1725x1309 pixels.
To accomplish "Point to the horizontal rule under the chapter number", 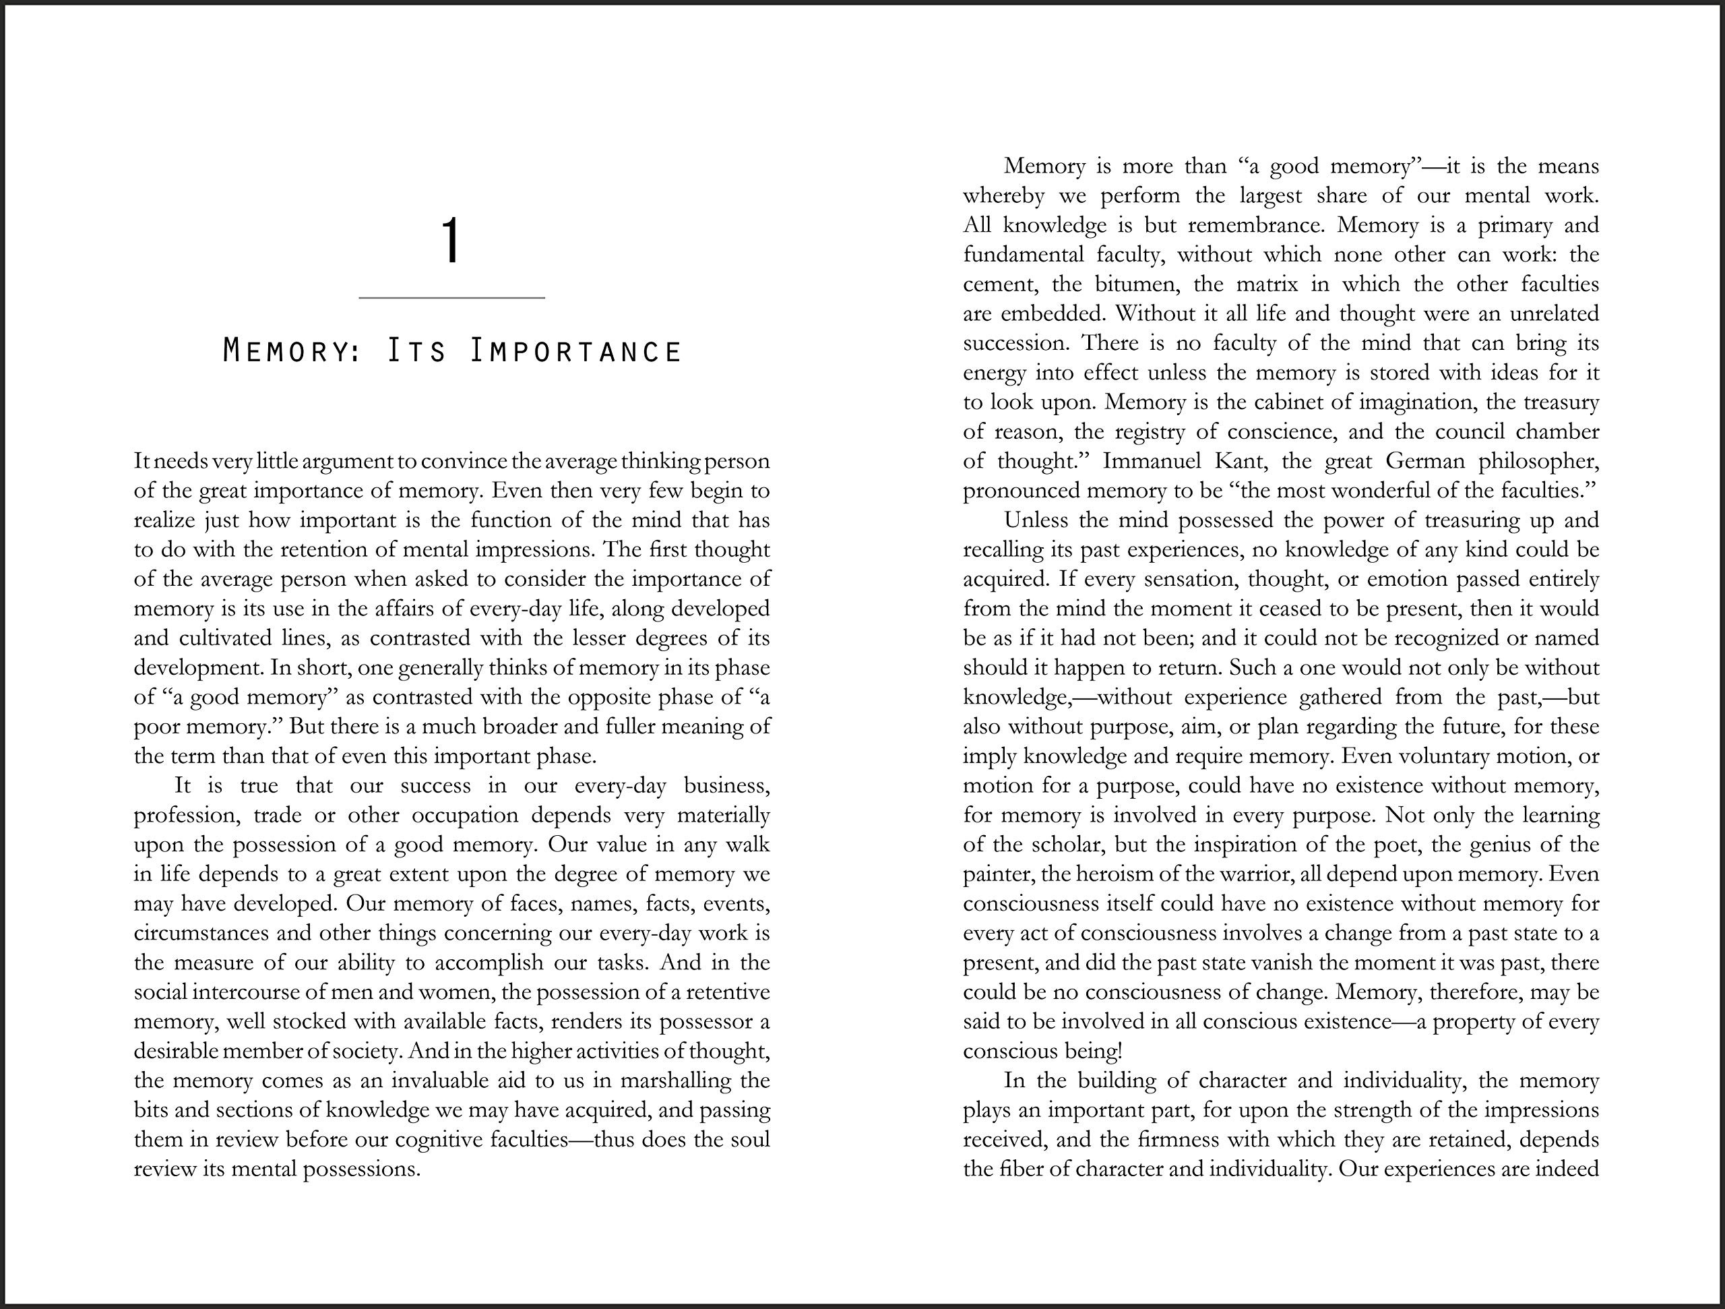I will pos(451,298).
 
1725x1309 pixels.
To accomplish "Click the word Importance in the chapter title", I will pos(576,352).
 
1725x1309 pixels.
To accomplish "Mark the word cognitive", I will pos(439,1140).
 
